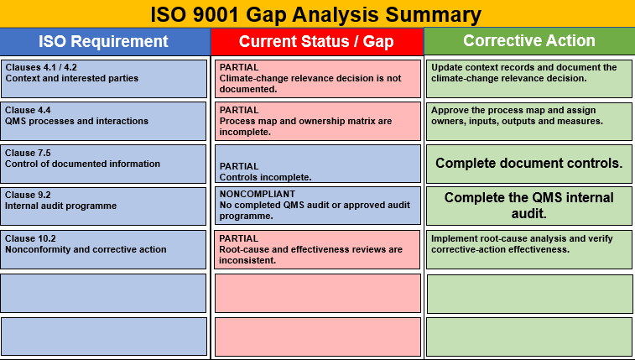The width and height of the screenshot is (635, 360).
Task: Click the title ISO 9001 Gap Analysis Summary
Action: pos(316,14)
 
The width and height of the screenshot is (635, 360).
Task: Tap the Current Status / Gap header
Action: pos(317,41)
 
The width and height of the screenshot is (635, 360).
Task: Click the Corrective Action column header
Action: pos(529,41)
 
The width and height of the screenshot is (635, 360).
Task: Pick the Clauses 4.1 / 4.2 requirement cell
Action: pos(104,79)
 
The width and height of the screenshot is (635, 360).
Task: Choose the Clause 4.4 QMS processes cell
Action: pos(103,121)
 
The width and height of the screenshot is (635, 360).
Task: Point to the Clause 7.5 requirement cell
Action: pos(103,164)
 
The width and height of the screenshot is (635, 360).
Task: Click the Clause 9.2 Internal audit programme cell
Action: pos(103,206)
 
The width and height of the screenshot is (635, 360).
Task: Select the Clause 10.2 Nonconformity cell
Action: pos(103,249)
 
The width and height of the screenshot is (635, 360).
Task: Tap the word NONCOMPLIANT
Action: pos(258,194)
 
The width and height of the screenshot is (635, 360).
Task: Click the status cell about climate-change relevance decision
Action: pos(318,79)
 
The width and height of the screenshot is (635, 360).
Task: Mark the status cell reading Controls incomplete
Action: pos(318,164)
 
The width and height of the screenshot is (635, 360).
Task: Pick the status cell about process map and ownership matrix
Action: pos(318,121)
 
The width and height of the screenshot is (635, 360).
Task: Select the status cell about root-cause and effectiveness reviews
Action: pos(317,249)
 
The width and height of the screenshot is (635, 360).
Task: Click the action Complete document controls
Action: pos(529,164)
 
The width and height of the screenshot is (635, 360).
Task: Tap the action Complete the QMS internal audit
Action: pos(529,206)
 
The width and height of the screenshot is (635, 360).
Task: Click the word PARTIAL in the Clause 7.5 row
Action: pos(239,166)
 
